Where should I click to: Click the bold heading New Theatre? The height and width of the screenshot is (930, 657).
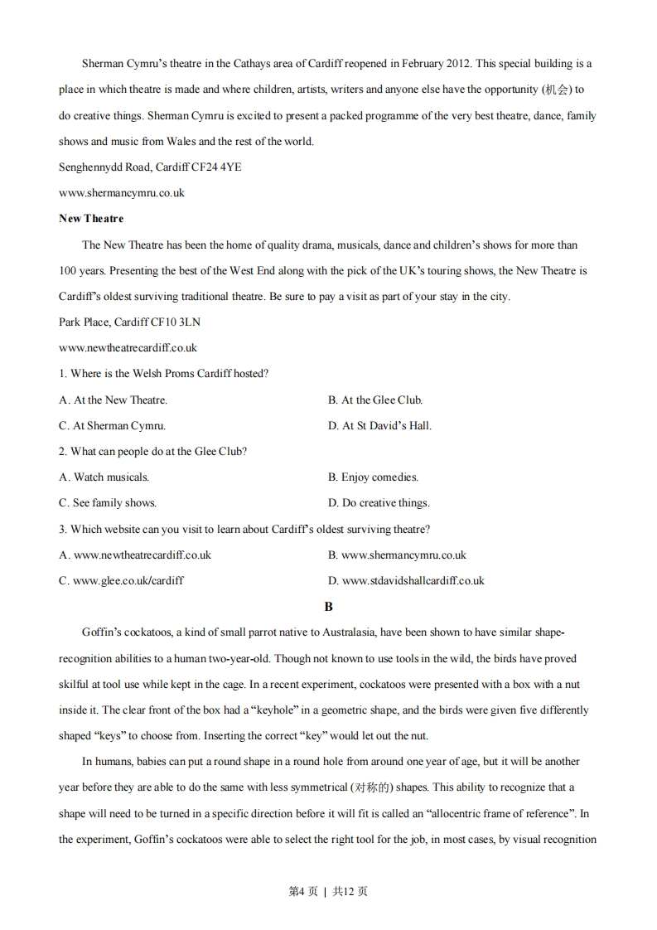91,219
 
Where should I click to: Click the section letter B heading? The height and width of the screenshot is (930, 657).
329,607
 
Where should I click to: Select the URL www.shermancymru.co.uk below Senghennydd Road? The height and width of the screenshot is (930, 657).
122,193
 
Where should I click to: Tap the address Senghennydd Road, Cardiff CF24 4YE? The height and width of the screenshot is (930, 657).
150,167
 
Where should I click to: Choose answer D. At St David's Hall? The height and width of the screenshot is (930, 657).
379,426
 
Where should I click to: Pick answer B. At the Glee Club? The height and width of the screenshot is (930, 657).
375,400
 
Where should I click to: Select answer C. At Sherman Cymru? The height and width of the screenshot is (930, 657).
113,426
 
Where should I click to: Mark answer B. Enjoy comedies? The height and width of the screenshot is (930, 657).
373,477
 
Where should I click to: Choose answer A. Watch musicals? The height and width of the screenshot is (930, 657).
104,477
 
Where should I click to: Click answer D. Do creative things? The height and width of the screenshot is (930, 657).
379,503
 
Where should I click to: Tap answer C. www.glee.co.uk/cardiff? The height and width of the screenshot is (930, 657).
122,581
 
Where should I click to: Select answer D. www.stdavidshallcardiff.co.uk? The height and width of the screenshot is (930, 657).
406,581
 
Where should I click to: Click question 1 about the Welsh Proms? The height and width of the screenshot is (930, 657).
164,374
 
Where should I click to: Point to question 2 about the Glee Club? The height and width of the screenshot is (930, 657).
153,452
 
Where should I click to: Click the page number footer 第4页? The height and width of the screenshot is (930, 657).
302,891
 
